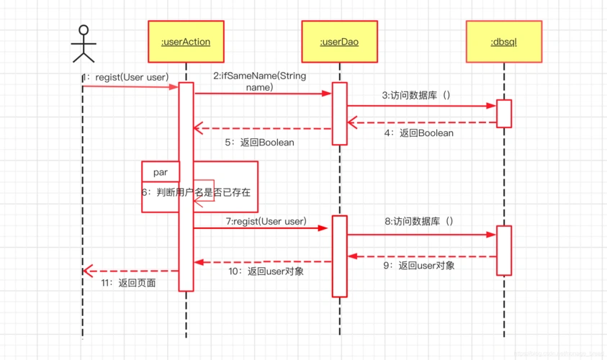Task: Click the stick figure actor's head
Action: tap(84, 31)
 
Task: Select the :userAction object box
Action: tap(186, 42)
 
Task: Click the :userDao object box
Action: tap(339, 42)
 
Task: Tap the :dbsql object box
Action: tap(504, 42)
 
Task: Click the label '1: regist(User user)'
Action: tap(125, 77)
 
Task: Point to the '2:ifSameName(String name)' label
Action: tap(259, 81)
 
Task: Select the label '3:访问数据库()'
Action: tap(417, 95)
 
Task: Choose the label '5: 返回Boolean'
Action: tap(259, 143)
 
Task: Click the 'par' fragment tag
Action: tap(160, 172)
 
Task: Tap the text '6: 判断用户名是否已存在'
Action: tap(196, 193)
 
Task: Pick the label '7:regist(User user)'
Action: tap(266, 221)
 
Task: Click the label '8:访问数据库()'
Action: tap(419, 221)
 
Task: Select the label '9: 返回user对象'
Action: tap(418, 266)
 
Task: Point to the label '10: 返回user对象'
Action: tap(266, 271)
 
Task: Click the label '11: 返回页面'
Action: tap(128, 283)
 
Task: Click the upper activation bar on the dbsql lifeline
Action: tap(504, 113)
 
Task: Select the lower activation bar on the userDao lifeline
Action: tap(339, 256)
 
